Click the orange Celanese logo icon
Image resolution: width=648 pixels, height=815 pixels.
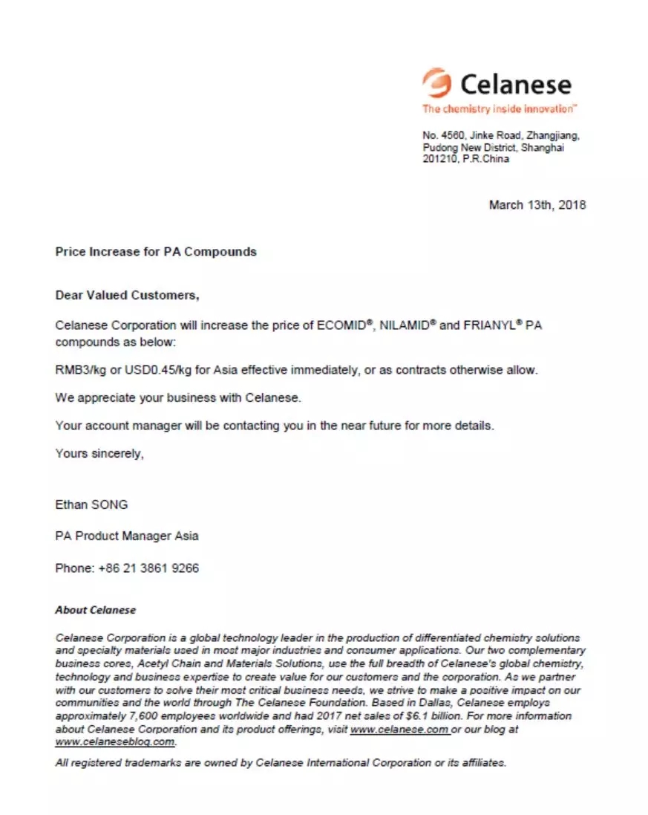(x=436, y=82)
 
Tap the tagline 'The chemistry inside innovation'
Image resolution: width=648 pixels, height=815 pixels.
(x=497, y=109)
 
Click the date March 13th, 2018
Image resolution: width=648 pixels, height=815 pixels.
(x=537, y=204)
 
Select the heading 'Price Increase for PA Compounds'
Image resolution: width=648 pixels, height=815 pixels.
(x=156, y=252)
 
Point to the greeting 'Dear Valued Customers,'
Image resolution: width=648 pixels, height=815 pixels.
(x=127, y=295)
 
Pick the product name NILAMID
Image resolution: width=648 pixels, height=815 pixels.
(x=406, y=325)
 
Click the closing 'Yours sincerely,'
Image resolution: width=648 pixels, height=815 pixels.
(x=99, y=453)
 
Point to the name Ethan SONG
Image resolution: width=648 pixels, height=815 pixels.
(x=91, y=504)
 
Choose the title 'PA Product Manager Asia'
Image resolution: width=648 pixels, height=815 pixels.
(x=127, y=536)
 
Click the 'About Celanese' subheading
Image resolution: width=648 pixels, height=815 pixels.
(x=96, y=610)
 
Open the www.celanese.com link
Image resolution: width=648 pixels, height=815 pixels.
(x=399, y=730)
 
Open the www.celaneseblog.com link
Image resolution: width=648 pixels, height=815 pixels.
(x=115, y=741)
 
